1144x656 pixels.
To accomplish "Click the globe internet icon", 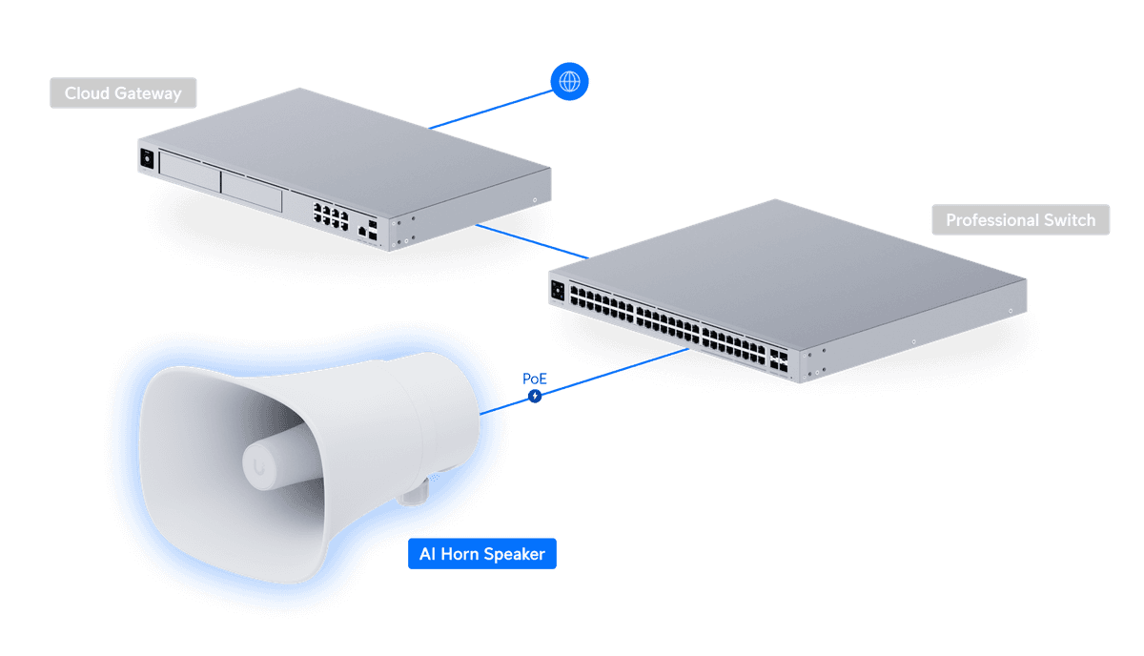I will (x=569, y=82).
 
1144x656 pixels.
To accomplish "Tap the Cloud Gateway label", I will (x=123, y=93).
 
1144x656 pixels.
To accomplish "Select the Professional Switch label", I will (x=1020, y=220).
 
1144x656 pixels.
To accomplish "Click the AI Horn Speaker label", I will (x=481, y=554).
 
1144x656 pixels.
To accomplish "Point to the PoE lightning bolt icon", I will (x=535, y=395).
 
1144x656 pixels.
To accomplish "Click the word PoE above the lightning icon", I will (x=535, y=379).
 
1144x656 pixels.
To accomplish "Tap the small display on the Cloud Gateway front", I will (x=147, y=158).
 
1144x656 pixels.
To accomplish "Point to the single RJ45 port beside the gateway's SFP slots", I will (x=361, y=230).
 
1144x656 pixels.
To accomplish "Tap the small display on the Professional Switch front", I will (x=557, y=289).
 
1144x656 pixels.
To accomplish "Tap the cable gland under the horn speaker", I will (x=415, y=493).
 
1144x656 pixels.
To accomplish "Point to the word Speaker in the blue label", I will (x=515, y=554).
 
